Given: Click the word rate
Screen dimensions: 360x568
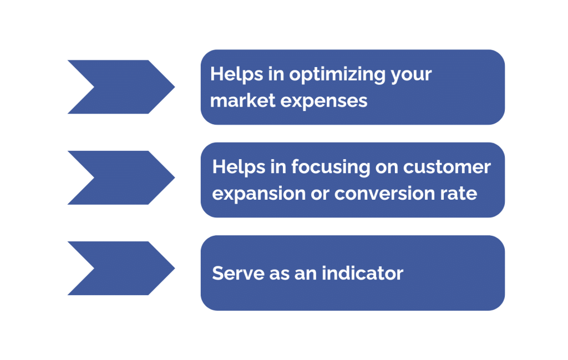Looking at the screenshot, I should pos(460,194).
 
